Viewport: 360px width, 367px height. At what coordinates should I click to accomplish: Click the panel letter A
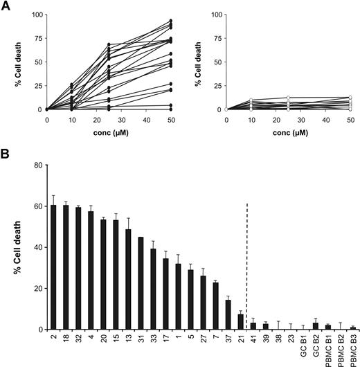5,6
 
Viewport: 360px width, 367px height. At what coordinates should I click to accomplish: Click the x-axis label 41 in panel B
254,338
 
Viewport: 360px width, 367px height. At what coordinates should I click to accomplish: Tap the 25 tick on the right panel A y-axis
217,86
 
